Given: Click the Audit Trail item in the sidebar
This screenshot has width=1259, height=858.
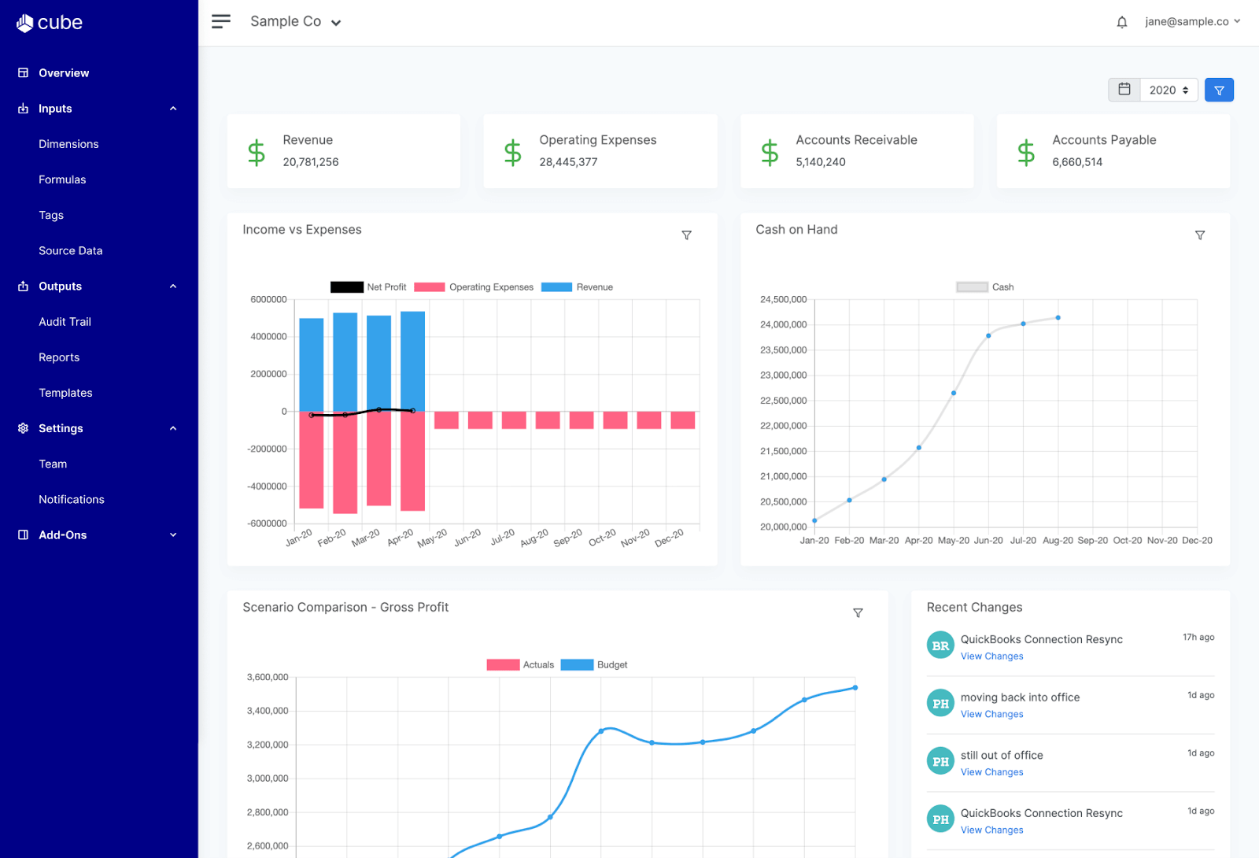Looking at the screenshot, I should pos(65,321).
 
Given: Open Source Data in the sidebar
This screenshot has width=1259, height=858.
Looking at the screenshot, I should pos(70,250).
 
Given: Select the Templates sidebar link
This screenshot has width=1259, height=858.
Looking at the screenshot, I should pos(65,392).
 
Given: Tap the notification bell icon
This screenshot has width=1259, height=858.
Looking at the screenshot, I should pos(1122,22).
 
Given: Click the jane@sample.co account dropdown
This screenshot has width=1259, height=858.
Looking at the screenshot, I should pos(1192,21).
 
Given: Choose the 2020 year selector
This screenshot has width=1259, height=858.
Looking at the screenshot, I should pos(1168,90).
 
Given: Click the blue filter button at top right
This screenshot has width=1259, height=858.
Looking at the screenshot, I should pos(1219,90).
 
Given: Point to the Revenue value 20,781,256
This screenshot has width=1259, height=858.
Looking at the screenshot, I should pos(311,162).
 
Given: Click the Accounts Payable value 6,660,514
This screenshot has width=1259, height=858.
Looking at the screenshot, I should pos(1077,162).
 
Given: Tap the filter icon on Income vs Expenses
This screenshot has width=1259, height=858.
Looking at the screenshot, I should pos(686,235).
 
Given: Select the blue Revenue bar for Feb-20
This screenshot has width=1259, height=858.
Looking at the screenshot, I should pos(345,362).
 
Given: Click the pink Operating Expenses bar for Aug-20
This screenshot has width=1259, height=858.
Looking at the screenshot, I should pos(547,420).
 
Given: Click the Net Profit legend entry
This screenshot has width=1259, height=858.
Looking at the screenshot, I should pos(368,287).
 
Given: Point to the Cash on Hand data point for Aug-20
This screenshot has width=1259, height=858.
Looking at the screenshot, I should pos(1058,318).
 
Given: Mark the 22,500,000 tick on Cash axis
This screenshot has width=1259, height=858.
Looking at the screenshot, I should pos(783,401).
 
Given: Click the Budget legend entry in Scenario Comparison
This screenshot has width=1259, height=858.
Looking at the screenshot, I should pos(594,665).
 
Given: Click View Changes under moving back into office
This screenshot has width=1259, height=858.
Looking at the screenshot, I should pos(991,714).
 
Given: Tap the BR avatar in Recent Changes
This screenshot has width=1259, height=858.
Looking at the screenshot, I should pos(940,645).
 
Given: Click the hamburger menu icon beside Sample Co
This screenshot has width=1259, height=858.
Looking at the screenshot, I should pos(221,21).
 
